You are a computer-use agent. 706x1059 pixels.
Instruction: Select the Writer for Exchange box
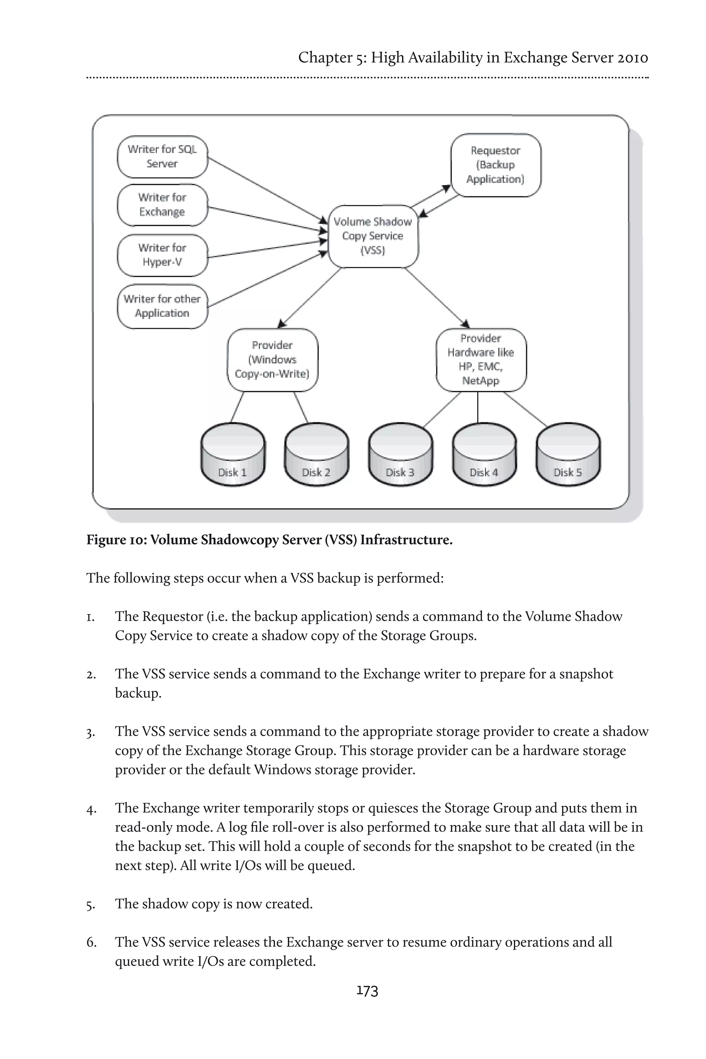point(162,205)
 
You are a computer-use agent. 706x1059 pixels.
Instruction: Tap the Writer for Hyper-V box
point(162,255)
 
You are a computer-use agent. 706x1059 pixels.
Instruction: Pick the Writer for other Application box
point(162,306)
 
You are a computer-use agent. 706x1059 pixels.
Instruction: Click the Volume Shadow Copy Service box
point(373,236)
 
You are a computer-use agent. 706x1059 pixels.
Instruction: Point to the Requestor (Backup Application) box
point(495,165)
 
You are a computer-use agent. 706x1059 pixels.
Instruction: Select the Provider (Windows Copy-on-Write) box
point(272,359)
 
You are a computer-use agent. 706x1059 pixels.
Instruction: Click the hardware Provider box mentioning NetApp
point(481,359)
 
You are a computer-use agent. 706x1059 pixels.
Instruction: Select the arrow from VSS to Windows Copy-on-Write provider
point(310,297)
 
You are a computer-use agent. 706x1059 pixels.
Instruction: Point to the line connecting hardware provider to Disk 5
point(525,409)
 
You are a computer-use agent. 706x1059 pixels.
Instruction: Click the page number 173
point(367,990)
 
